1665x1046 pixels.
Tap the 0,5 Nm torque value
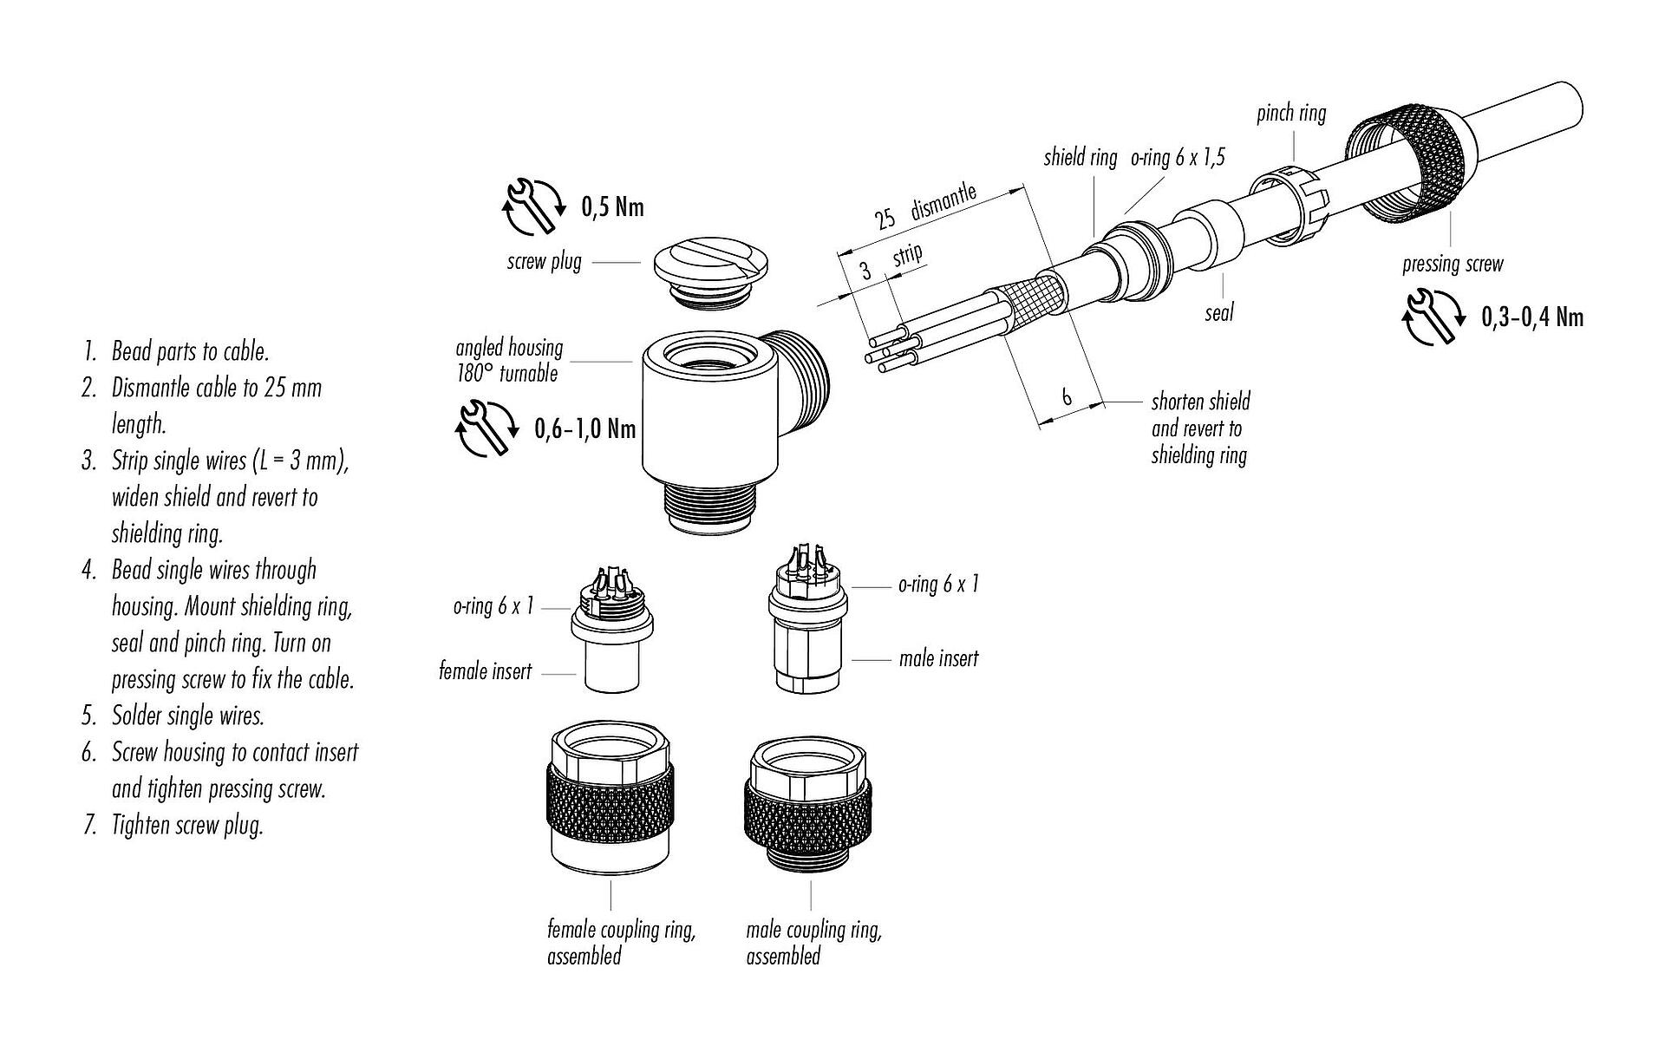click(612, 207)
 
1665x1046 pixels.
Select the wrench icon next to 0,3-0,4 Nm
click(1432, 317)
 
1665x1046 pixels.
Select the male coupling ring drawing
click(809, 807)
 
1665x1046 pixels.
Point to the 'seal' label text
click(1218, 312)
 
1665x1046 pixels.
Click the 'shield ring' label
click(1080, 157)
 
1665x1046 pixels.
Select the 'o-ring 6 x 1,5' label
click(1177, 157)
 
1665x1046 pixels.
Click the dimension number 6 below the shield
click(1067, 396)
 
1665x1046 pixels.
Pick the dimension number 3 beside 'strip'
click(865, 271)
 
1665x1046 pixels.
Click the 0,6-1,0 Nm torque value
click(584, 428)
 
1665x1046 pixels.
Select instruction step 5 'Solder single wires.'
click(187, 716)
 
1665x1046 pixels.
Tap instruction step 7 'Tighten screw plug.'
click(186, 824)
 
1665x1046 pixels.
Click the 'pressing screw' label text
click(1452, 264)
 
